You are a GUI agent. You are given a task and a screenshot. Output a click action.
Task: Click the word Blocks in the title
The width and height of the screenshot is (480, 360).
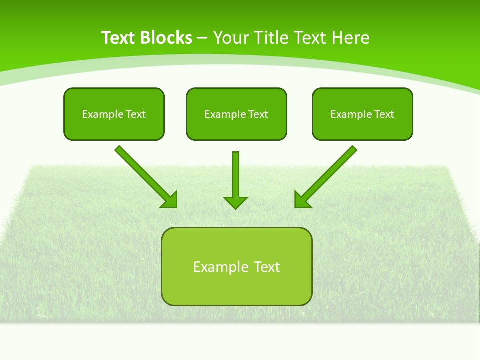pos(166,38)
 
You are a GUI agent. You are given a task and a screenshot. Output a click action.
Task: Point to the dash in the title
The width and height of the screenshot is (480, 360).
pos(202,38)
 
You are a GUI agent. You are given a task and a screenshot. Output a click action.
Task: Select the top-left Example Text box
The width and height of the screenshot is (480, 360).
pos(114,114)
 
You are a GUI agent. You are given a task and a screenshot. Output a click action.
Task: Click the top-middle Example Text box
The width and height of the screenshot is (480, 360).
pos(236,114)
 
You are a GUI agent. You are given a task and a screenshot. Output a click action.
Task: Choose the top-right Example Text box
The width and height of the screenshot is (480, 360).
pos(362,114)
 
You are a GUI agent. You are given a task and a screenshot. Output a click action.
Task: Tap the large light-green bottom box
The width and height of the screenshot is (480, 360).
pos(236,266)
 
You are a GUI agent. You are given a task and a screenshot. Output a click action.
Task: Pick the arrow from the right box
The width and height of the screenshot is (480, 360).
pos(328,175)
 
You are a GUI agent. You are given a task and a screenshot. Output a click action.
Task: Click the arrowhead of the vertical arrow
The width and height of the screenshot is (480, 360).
pos(235,202)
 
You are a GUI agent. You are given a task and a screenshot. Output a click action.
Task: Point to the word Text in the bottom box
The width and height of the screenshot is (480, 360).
pos(267,267)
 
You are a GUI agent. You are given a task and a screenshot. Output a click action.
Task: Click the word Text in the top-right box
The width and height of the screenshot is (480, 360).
pos(384,114)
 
